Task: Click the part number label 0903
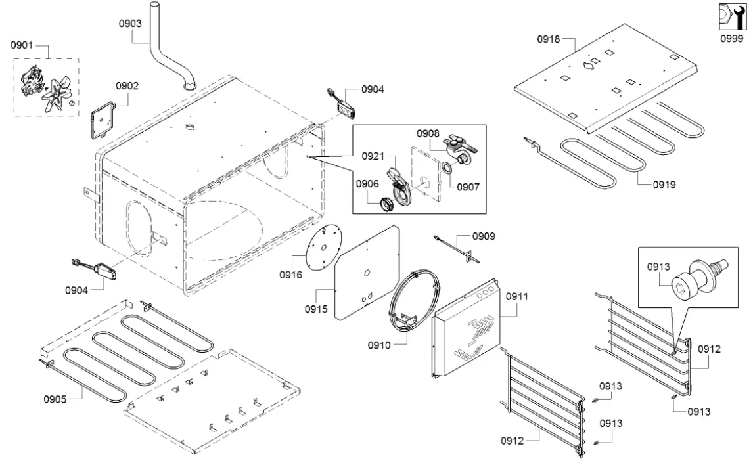(x=130, y=23)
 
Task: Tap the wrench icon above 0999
(x=731, y=17)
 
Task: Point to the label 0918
(x=549, y=39)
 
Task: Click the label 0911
(x=517, y=296)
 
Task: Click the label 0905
(x=56, y=399)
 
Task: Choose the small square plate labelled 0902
(x=102, y=119)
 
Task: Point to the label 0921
(x=373, y=156)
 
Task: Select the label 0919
(x=664, y=185)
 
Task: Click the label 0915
(x=316, y=308)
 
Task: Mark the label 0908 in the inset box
(x=428, y=133)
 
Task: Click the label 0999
(x=731, y=39)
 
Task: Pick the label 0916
(x=290, y=275)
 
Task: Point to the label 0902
(x=127, y=85)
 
